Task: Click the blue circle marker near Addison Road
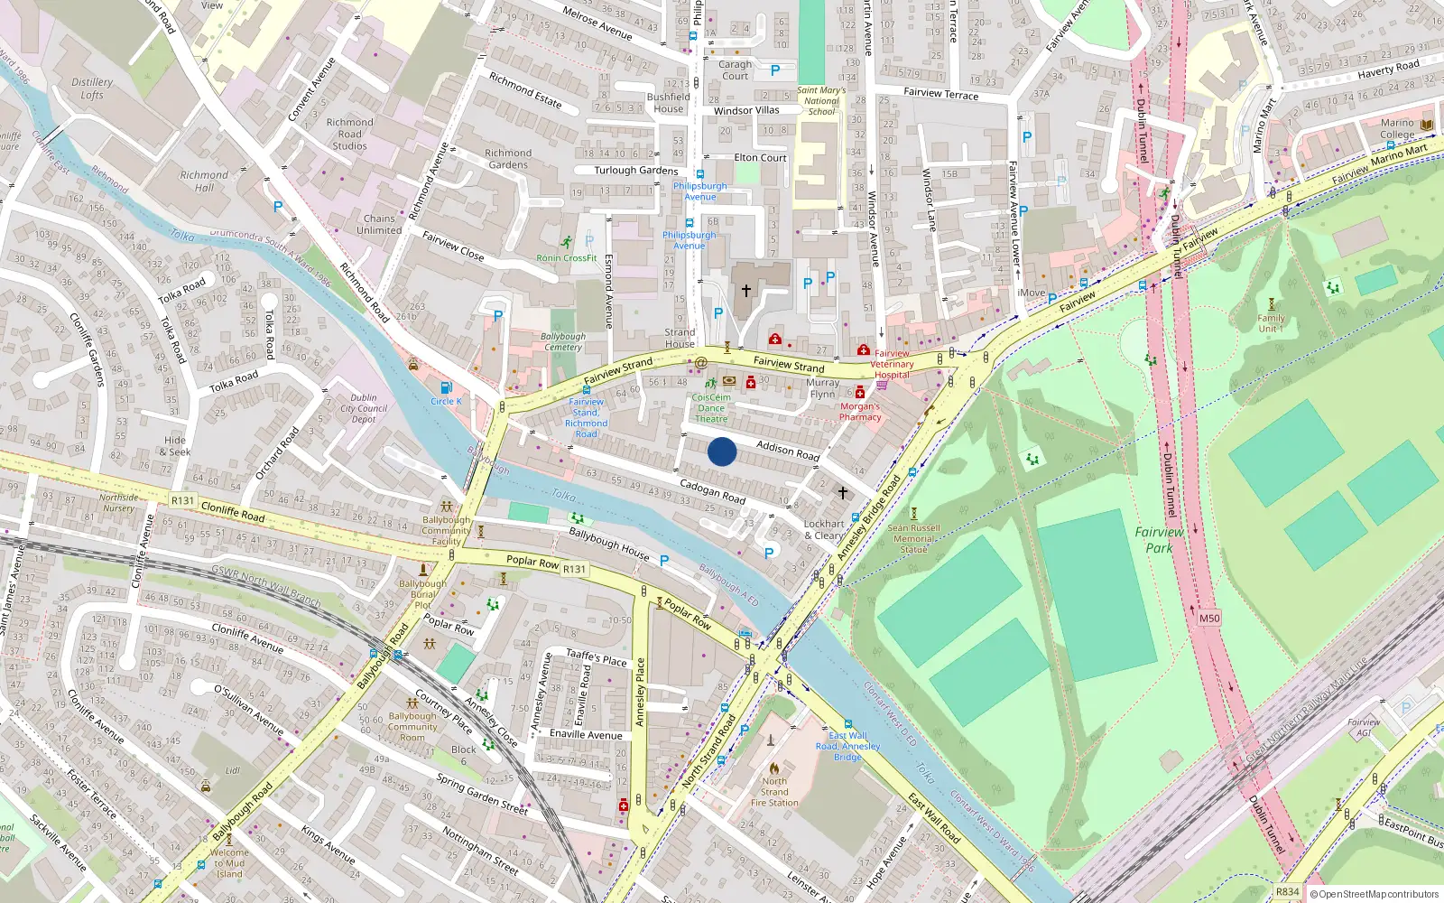point(721,451)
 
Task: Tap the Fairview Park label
point(1159,540)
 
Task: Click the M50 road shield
point(1208,619)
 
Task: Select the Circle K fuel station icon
point(441,387)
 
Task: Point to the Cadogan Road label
point(712,491)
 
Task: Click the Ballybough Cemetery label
point(563,341)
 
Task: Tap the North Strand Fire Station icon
point(773,768)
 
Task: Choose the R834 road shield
point(1287,891)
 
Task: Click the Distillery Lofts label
point(92,88)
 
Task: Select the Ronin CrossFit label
point(567,258)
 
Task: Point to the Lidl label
point(233,770)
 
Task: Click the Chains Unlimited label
point(379,224)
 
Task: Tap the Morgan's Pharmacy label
point(860,412)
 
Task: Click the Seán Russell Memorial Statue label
point(913,538)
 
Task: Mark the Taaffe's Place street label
point(596,657)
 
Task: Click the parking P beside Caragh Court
point(774,70)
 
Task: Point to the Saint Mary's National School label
point(821,100)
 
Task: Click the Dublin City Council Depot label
point(364,408)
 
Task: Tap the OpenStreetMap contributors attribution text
point(1378,894)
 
